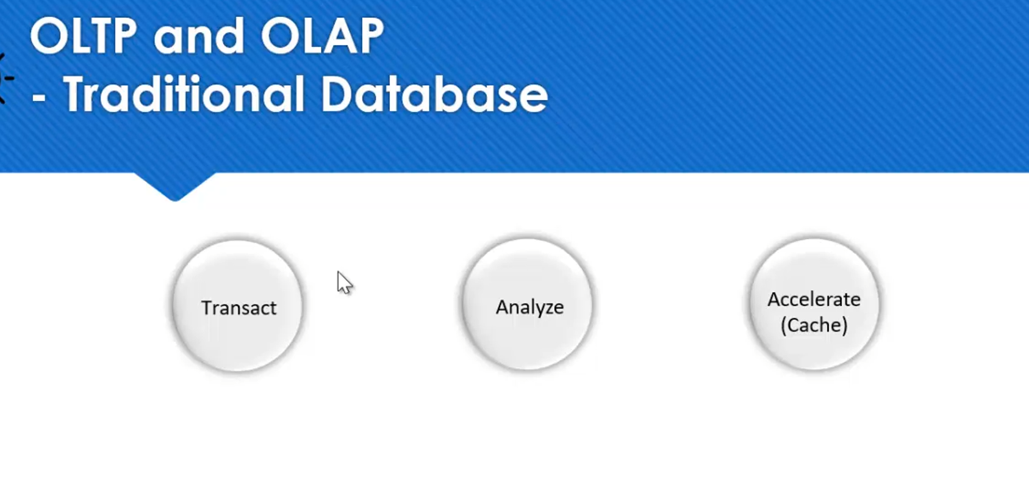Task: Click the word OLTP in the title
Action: click(x=83, y=36)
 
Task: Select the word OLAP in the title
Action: click(x=322, y=36)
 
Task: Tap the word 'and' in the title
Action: click(x=199, y=37)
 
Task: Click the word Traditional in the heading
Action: click(x=184, y=94)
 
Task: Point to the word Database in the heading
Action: click(x=434, y=94)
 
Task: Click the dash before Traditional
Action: click(x=38, y=99)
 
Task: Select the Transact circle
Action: click(x=237, y=306)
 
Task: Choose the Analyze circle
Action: click(x=528, y=305)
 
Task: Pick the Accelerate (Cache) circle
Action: click(x=814, y=305)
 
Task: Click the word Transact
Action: click(x=239, y=308)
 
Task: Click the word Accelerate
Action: click(x=814, y=300)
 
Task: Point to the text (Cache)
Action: click(x=814, y=325)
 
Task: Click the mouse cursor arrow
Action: click(x=343, y=282)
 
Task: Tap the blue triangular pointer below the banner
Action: click(x=174, y=186)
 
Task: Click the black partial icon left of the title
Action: click(x=5, y=78)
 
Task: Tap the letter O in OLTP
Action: click(x=49, y=36)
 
